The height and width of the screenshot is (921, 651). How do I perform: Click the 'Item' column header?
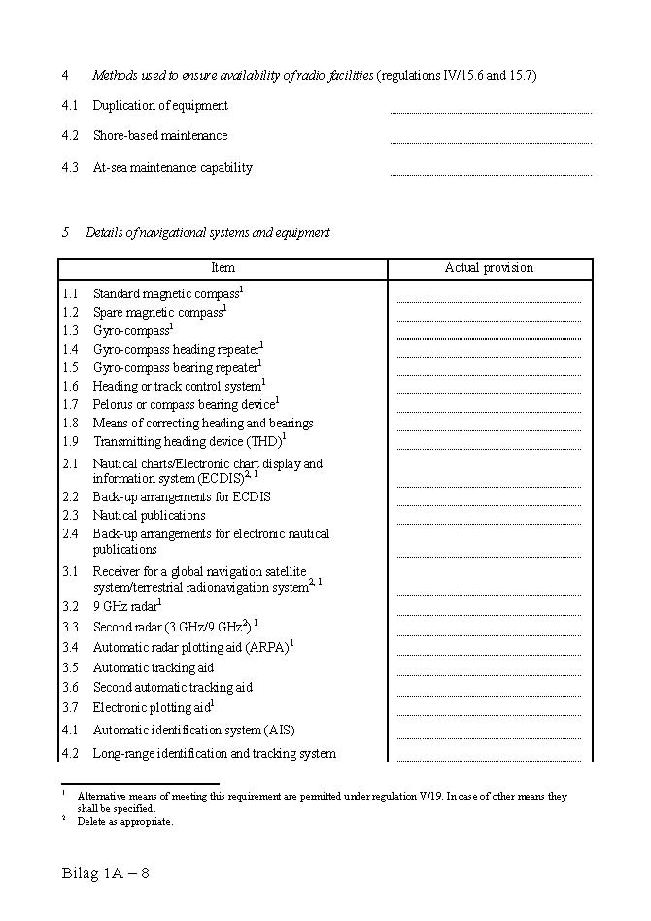[223, 268]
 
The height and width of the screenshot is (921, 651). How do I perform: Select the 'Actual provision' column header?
[489, 268]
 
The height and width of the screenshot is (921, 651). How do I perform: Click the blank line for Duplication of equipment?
[491, 112]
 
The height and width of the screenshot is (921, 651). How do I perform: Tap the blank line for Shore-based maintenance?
[491, 142]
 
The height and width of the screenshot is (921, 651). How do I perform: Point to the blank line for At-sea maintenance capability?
[491, 174]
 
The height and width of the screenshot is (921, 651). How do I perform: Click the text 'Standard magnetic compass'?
[166, 293]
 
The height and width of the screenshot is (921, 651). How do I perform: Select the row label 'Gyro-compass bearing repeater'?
[176, 368]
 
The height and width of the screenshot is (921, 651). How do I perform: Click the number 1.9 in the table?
[70, 442]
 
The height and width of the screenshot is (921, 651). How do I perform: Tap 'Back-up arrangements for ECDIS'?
[182, 497]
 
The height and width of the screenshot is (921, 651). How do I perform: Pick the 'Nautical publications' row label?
[149, 516]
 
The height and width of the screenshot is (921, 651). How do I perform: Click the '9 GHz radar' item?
[123, 607]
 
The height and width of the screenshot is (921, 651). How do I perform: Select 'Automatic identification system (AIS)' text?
[193, 731]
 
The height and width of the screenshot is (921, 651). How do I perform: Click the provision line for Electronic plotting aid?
[489, 715]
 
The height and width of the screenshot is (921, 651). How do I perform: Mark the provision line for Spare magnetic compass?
[489, 320]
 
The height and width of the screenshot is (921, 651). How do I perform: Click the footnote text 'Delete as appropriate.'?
[125, 822]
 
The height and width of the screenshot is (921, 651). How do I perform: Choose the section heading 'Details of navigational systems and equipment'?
[207, 233]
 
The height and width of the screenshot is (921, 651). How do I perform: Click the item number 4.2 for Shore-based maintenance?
[70, 136]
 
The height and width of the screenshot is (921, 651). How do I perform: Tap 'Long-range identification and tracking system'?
[214, 754]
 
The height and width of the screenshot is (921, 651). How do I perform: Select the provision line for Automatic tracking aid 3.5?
[489, 675]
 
